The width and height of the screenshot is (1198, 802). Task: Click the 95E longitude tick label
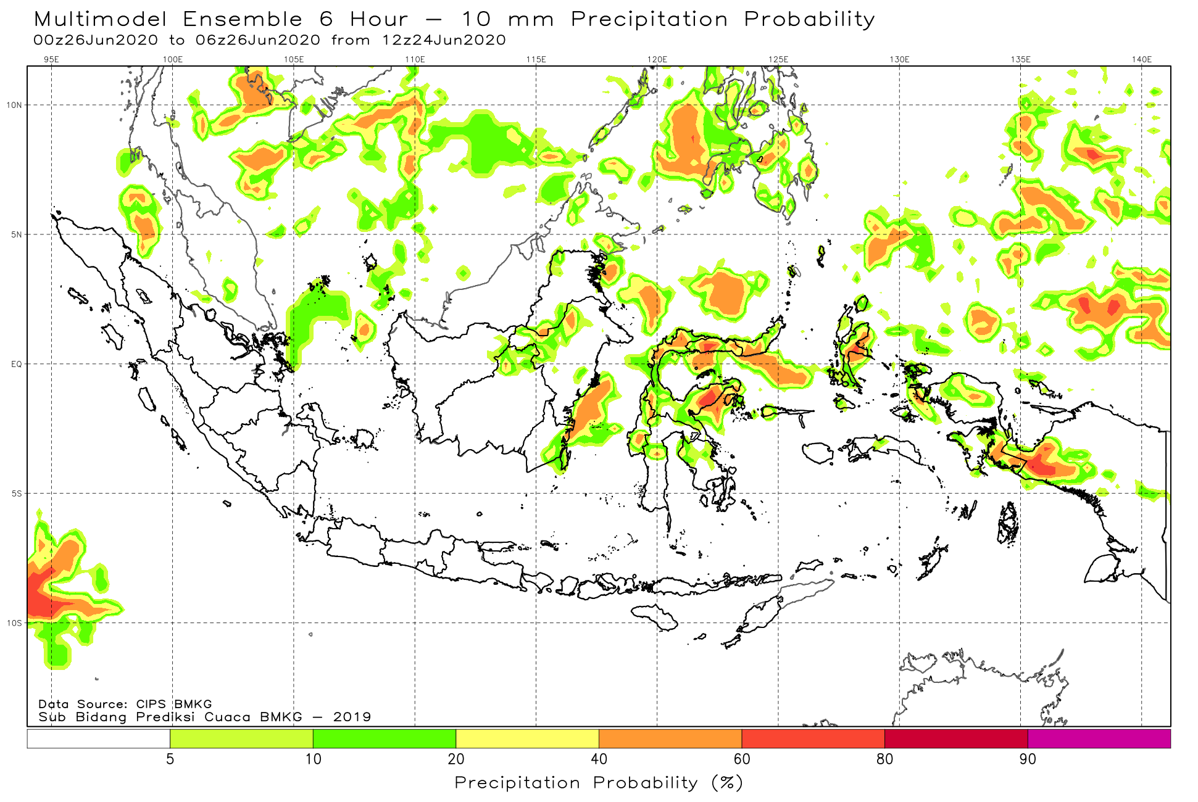[51, 59]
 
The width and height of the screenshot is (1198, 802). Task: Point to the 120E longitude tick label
[657, 59]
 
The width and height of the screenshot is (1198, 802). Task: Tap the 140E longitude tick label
[1142, 59]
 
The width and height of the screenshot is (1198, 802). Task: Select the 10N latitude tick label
[14, 105]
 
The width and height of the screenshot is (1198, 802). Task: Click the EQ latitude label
[16, 364]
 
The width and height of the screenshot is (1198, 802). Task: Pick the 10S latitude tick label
[14, 623]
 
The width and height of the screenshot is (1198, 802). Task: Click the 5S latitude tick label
[16, 494]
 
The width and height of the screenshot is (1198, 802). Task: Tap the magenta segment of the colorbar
[1099, 738]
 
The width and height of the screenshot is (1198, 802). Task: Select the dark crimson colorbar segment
[956, 738]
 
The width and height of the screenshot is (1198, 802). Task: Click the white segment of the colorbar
[99, 738]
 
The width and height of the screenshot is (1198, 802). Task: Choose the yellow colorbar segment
[527, 738]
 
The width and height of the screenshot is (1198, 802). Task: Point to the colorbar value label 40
[599, 759]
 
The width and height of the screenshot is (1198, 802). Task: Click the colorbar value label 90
[1028, 759]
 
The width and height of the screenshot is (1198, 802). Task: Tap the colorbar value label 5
[170, 759]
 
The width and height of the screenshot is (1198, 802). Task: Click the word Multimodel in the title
[101, 19]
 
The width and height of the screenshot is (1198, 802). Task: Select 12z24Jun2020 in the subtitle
[444, 40]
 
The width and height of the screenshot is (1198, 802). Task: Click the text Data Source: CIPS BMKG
[125, 704]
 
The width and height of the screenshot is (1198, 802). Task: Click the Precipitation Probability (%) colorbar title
[599, 783]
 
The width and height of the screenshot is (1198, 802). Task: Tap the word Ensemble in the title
[243, 19]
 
